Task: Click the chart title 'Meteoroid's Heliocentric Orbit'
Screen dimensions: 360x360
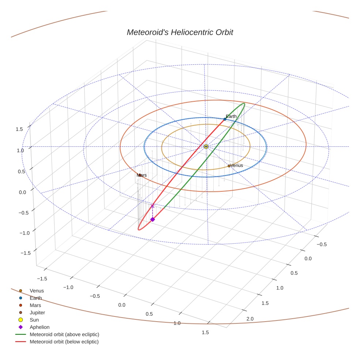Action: point(180,32)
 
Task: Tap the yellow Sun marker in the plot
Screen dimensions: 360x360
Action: point(206,146)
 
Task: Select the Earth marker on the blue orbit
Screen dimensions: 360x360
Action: point(225,119)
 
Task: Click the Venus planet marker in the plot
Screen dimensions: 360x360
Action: point(229,166)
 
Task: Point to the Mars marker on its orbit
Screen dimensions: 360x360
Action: point(140,175)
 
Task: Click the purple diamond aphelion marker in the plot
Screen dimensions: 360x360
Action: point(153,219)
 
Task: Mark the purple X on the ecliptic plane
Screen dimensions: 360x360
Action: point(153,206)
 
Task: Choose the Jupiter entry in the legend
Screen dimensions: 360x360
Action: point(37,312)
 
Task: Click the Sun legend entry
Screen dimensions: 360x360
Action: point(34,320)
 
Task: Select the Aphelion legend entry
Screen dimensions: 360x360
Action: point(39,327)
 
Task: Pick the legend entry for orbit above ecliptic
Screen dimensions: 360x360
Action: point(64,334)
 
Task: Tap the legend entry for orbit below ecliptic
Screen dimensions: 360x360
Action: point(64,342)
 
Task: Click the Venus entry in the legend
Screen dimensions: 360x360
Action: point(37,290)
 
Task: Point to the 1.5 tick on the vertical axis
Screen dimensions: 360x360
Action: point(19,129)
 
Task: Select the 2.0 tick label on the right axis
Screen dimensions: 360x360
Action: point(250,319)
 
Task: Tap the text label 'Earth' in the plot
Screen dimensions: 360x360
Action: point(231,116)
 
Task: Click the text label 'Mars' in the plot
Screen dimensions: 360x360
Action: point(142,175)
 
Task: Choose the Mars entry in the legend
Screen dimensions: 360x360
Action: point(35,305)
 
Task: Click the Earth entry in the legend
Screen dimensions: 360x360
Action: point(35,298)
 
